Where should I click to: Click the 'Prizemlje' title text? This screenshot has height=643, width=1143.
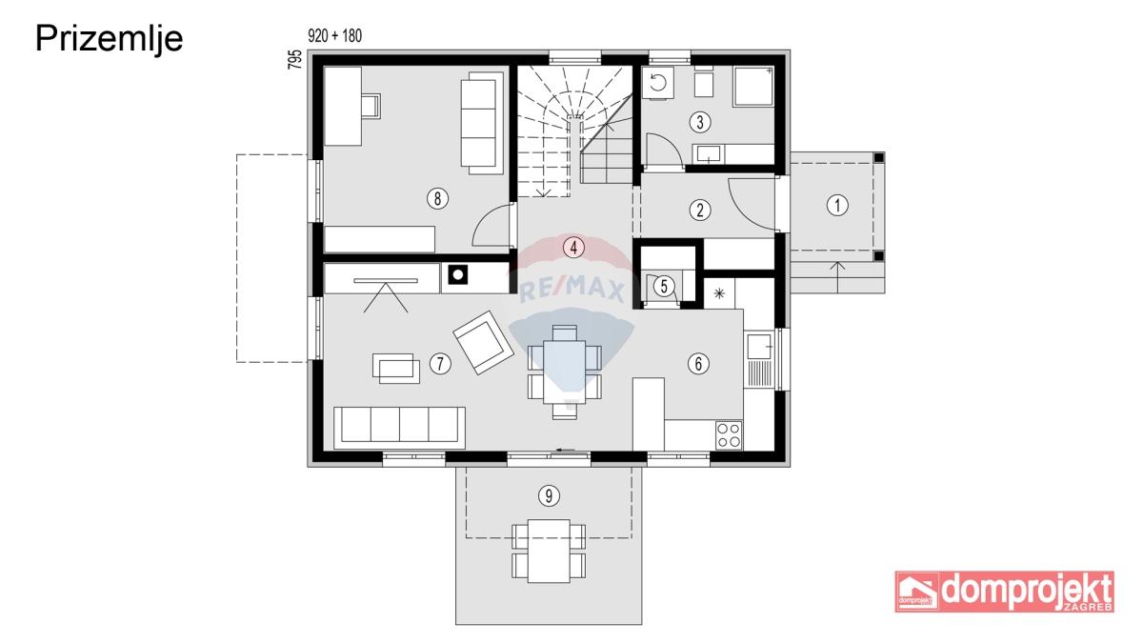click(109, 40)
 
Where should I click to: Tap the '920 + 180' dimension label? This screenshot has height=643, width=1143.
click(334, 36)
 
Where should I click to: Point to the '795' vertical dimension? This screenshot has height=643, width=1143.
click(295, 60)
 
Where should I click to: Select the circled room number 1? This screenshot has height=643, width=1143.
click(837, 206)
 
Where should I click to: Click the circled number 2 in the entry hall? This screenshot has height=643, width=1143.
click(699, 210)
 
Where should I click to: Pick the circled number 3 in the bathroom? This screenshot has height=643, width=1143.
click(699, 122)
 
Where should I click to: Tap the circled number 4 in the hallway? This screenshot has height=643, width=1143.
click(573, 248)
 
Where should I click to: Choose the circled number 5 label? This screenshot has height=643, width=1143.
click(664, 286)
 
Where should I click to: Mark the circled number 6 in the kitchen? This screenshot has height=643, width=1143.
click(698, 363)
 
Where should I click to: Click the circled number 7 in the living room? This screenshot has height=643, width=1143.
click(440, 364)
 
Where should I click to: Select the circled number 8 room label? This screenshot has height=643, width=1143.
click(437, 198)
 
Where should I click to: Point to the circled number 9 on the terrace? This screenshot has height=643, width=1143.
click(549, 495)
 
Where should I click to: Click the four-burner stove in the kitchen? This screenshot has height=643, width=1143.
click(729, 435)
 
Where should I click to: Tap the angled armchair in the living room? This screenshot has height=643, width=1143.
click(483, 342)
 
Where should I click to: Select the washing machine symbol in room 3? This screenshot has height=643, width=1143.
click(658, 82)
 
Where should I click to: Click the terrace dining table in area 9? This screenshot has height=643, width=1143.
click(549, 552)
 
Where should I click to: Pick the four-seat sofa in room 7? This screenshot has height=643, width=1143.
click(399, 428)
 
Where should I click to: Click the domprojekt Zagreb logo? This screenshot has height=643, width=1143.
click(1005, 592)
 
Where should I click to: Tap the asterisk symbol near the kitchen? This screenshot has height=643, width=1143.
click(719, 293)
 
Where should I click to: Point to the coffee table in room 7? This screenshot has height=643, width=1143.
click(396, 368)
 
